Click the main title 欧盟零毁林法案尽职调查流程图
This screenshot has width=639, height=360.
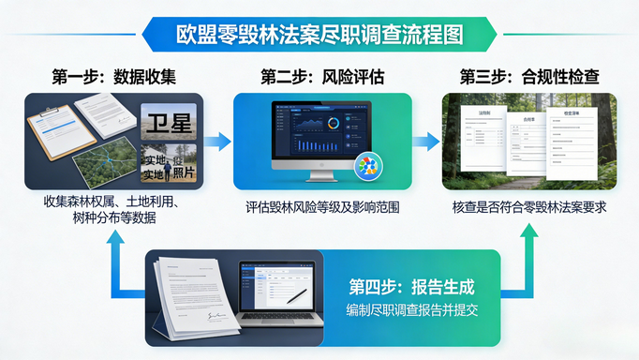pyautogui.click(x=319, y=34)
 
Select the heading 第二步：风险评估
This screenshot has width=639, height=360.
pyautogui.click(x=320, y=76)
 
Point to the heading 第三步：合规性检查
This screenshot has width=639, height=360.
pyautogui.click(x=527, y=76)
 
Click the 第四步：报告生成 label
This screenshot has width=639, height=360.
pyautogui.click(x=412, y=286)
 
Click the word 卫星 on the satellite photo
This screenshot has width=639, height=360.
pyautogui.click(x=169, y=120)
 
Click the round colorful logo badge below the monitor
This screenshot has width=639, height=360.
pyautogui.click(x=368, y=170)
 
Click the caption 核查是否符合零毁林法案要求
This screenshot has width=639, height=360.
pyautogui.click(x=528, y=207)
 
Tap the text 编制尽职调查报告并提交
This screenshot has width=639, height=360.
pyautogui.click(x=412, y=310)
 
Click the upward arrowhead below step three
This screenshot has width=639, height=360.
pyautogui.click(x=528, y=233)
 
